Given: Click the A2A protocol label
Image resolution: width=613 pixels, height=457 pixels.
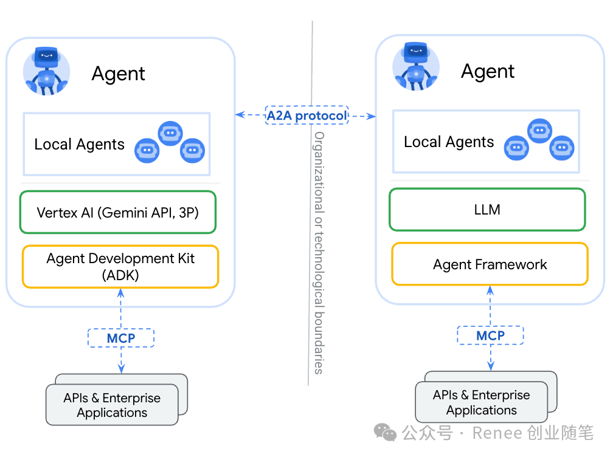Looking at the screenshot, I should pyautogui.click(x=306, y=115).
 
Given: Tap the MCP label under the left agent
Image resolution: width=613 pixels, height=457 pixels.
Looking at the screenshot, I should pyautogui.click(x=121, y=338).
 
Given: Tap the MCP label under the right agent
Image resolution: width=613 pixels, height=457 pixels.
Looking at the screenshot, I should pyautogui.click(x=490, y=335).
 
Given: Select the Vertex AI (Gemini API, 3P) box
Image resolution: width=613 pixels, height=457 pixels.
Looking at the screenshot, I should pyautogui.click(x=118, y=213).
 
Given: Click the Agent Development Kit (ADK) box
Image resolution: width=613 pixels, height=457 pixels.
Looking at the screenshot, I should pyautogui.click(x=120, y=266).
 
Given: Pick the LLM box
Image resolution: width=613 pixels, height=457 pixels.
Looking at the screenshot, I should pyautogui.click(x=487, y=210).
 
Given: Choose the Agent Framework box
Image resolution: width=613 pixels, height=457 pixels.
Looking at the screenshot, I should pyautogui.click(x=490, y=264).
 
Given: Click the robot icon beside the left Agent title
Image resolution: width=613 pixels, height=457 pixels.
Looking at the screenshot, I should pyautogui.click(x=46, y=70).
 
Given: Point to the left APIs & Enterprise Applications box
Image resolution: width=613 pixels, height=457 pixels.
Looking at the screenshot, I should pyautogui.click(x=113, y=405).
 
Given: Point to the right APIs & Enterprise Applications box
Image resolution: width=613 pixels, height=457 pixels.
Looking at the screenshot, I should pyautogui.click(x=481, y=402).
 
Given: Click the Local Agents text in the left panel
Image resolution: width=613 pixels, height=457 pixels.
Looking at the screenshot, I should pyautogui.click(x=79, y=145).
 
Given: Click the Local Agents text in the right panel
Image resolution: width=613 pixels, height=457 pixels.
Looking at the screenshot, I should pyautogui.click(x=449, y=142).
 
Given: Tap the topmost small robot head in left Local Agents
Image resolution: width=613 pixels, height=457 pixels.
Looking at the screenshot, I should pyautogui.click(x=170, y=132).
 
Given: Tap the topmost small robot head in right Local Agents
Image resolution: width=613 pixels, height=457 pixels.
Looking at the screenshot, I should pyautogui.click(x=539, y=130).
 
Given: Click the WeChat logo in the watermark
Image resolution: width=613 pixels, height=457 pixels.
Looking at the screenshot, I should pyautogui.click(x=386, y=432).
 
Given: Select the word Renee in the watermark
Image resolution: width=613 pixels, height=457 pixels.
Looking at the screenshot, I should pyautogui.click(x=497, y=433).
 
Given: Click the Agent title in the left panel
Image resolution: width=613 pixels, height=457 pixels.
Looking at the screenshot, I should pyautogui.click(x=119, y=74).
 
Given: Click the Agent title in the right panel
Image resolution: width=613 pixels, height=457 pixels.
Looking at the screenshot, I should pyautogui.click(x=488, y=71).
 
